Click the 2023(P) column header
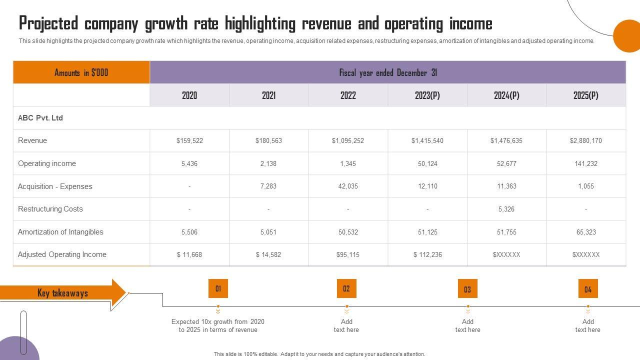(x=427, y=95)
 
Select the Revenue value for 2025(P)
(x=586, y=141)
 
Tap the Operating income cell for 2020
(x=189, y=163)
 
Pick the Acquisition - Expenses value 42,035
(x=348, y=186)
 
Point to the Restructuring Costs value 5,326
(x=506, y=209)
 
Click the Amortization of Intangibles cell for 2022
(x=348, y=232)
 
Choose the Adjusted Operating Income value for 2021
(x=268, y=255)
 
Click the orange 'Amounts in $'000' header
(x=81, y=72)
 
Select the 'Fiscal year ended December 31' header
(x=388, y=72)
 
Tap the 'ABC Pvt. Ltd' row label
(x=40, y=118)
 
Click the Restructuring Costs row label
(x=50, y=209)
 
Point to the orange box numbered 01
(x=218, y=288)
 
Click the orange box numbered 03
(x=467, y=289)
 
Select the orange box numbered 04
(x=588, y=289)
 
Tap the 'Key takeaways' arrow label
(x=62, y=293)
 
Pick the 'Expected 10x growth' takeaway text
(x=218, y=325)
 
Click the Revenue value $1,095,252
(x=348, y=141)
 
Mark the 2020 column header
(x=189, y=95)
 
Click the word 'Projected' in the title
(x=48, y=23)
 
